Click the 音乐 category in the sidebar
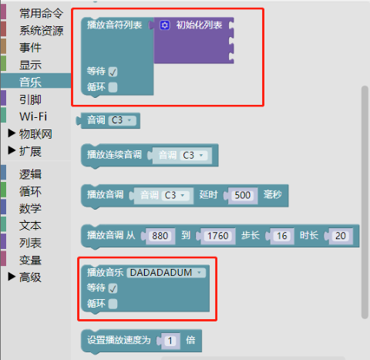[30, 82]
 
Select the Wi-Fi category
[33, 116]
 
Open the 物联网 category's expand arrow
[12, 133]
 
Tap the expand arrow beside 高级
[12, 277]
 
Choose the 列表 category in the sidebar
[30, 243]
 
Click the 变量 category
[30, 260]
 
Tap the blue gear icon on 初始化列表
[165, 25]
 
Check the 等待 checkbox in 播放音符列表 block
[113, 72]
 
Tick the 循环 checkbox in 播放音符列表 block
[113, 87]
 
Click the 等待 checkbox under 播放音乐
[113, 288]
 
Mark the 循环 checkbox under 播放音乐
[113, 304]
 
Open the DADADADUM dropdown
[166, 273]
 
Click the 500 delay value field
[243, 195]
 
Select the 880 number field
[160, 236]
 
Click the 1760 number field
[218, 236]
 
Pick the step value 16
[282, 236]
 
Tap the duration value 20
[341, 236]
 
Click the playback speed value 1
[170, 341]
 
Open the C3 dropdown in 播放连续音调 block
[193, 156]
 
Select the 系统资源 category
[41, 31]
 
